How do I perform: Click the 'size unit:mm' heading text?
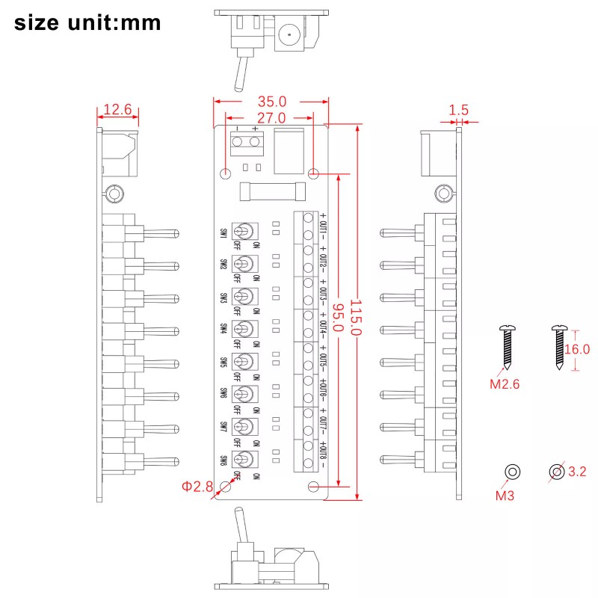tap(87, 22)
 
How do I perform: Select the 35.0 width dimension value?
tap(271, 101)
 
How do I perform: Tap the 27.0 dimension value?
tap(271, 118)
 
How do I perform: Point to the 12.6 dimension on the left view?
tap(117, 110)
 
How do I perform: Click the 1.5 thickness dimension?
tap(458, 110)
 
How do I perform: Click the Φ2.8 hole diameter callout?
tap(197, 487)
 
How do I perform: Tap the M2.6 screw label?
tap(505, 385)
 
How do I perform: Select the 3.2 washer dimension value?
tap(578, 472)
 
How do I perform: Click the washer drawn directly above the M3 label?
tap(512, 472)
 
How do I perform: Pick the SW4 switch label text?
tap(224, 329)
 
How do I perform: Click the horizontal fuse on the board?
tap(271, 192)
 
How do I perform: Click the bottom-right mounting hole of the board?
tap(314, 487)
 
